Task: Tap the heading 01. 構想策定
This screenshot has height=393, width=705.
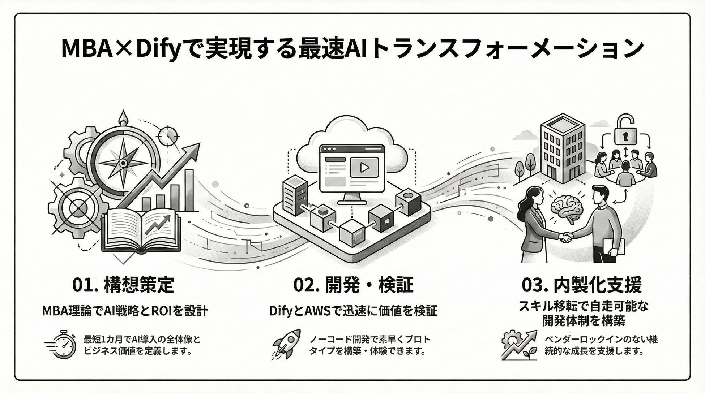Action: pyautogui.click(x=123, y=285)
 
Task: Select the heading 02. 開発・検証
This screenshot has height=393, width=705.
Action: pyautogui.click(x=353, y=285)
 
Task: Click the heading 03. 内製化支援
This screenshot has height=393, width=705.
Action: pyautogui.click(x=582, y=285)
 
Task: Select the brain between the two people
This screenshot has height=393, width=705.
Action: pyautogui.click(x=566, y=208)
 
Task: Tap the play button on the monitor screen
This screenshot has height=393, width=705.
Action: pyautogui.click(x=364, y=167)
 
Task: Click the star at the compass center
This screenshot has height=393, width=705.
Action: pyautogui.click(x=123, y=163)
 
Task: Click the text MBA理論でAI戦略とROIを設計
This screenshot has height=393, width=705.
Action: pyautogui.click(x=125, y=311)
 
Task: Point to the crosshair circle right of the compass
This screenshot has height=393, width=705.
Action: pyautogui.click(x=168, y=136)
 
